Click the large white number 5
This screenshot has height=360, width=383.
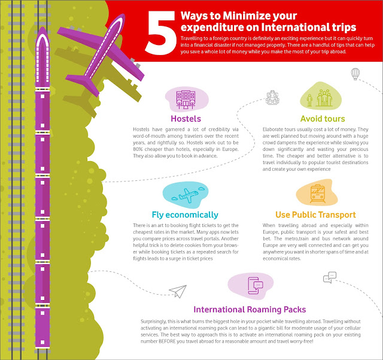click(161, 32)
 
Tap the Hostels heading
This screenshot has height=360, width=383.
click(186, 119)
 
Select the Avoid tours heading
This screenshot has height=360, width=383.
click(323, 119)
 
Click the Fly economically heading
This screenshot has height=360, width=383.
click(185, 215)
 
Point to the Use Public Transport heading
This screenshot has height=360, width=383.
click(315, 214)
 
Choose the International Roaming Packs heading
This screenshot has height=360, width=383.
click(250, 310)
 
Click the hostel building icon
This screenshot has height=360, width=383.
click(186, 99)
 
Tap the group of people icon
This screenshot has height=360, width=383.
click(321, 98)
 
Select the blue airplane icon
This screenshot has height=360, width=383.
click(188, 195)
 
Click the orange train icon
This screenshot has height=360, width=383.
click(318, 193)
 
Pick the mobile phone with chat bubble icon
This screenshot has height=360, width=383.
click(254, 285)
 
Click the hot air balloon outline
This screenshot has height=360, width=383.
click(355, 74)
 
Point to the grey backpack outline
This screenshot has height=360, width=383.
click(273, 98)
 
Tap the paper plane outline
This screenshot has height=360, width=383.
click(178, 291)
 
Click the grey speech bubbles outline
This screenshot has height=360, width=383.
click(330, 277)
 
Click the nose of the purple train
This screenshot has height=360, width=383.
click(42, 28)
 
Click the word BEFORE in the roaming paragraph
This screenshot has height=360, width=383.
click(167, 341)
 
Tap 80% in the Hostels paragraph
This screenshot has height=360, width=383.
click(138, 149)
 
